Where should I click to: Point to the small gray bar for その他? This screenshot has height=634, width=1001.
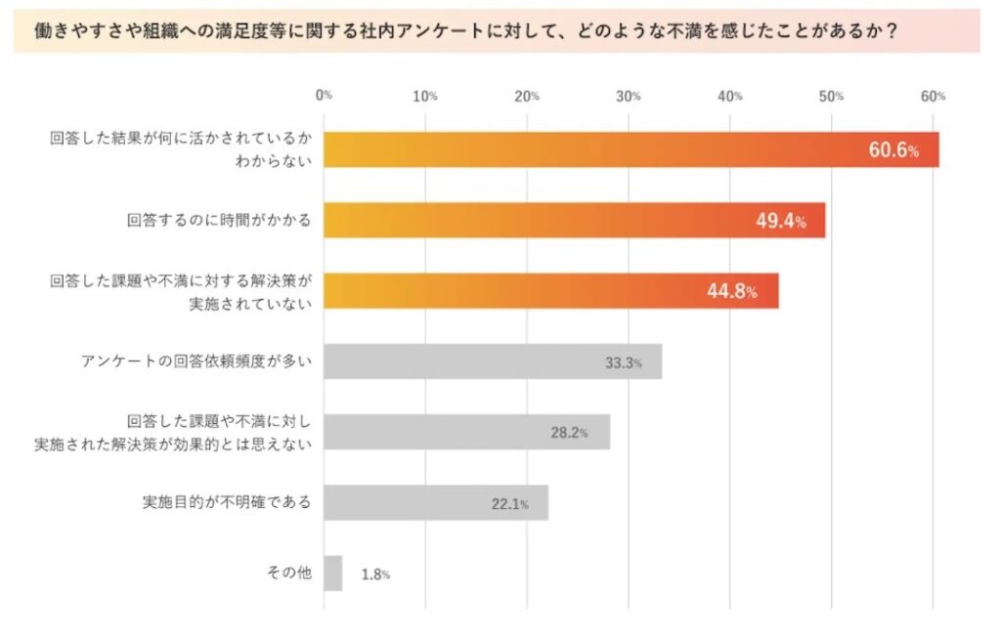(332, 573)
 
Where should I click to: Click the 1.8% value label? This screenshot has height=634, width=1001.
(375, 574)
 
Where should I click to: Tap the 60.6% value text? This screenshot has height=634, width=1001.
(893, 150)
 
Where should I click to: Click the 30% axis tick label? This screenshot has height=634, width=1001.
(629, 96)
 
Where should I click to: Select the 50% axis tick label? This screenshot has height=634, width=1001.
(832, 96)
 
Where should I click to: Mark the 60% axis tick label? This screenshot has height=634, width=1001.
(934, 96)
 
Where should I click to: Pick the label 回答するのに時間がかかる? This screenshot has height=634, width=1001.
(220, 221)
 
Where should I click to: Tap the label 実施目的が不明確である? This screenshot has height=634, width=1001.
(227, 503)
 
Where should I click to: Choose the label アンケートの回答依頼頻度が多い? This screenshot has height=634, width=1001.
(196, 361)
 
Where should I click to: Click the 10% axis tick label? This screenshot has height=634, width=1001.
(425, 96)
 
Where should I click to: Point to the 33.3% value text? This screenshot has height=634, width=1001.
(623, 362)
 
